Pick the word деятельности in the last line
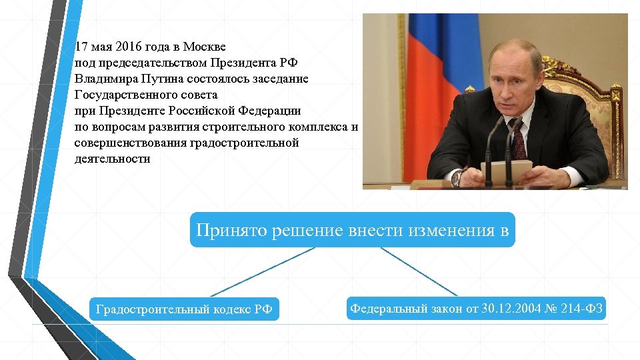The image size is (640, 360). pos(113,159)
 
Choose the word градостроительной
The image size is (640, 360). pos(245,143)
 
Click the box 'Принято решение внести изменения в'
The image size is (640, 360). pos(353,231)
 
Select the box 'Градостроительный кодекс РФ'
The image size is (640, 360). pos(184,309)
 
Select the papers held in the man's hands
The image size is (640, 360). pos(509,169)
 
